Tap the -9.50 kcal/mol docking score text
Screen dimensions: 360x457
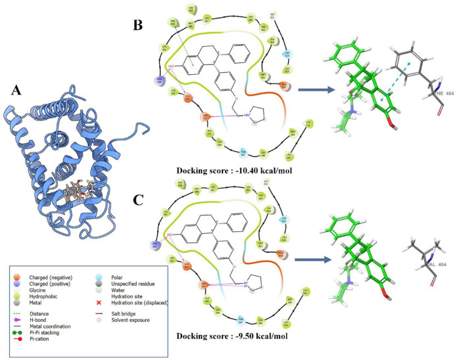tap(220, 341)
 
